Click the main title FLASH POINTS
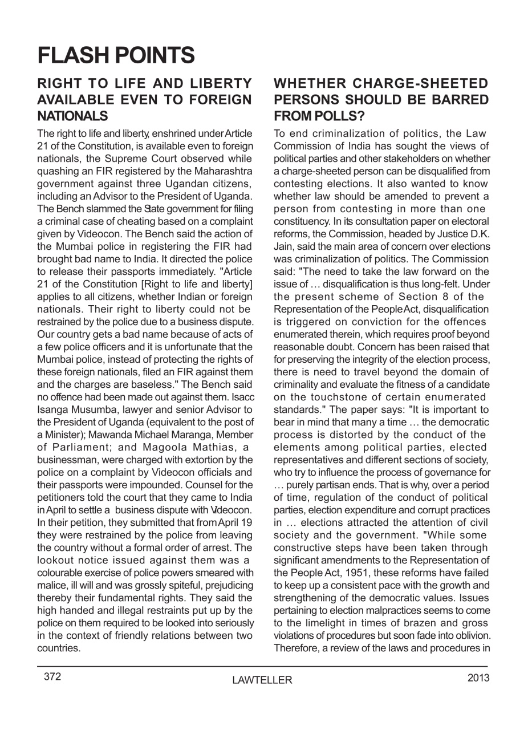coord(116,55)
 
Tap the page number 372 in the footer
coord(52,677)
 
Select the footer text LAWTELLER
coord(262,680)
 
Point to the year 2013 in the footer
coord(478,678)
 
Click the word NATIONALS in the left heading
coord(72,116)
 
